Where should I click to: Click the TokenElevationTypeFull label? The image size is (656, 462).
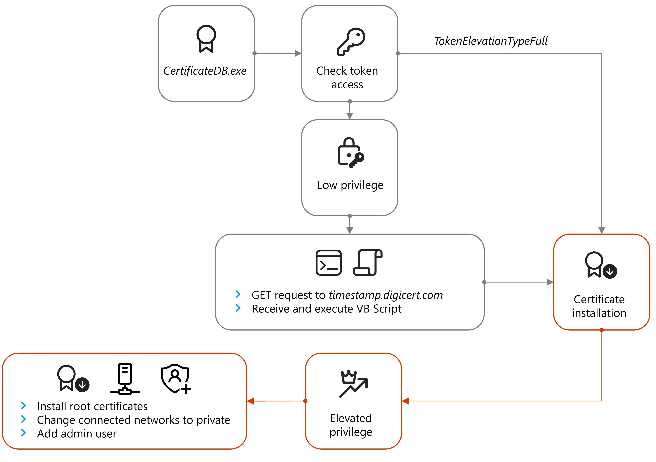pos(491,41)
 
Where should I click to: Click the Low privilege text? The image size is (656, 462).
pos(350,185)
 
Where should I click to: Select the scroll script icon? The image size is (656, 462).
pos(368,262)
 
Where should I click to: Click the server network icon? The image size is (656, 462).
pos(125,379)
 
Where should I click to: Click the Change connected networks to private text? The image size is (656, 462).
pos(133,420)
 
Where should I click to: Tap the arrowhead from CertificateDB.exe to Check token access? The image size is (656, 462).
pos(298,53)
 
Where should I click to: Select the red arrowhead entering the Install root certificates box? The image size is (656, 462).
pos(251,401)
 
